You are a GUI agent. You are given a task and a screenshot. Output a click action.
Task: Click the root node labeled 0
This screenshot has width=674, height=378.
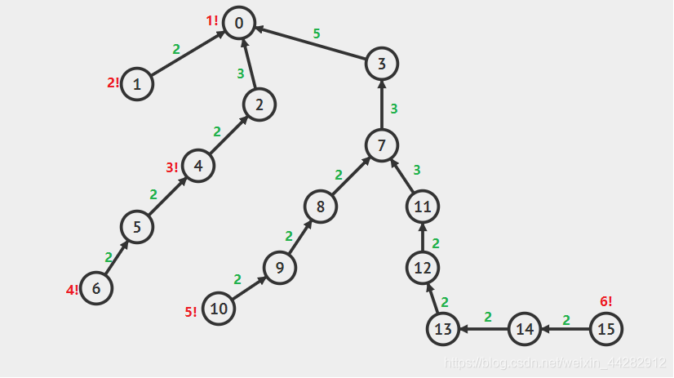[238, 23]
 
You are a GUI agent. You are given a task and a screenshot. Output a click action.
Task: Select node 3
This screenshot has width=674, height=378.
[382, 63]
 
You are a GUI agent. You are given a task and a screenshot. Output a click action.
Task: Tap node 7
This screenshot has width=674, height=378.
[381, 145]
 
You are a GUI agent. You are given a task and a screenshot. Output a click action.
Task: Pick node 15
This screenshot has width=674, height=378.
[605, 329]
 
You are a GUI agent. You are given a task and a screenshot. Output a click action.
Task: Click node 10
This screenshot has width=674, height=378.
[219, 309]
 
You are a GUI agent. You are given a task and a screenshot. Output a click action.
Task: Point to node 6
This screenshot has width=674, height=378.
[96, 288]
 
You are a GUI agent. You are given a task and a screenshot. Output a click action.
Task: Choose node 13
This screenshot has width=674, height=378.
[443, 329]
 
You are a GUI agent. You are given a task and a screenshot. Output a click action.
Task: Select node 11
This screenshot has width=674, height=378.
[422, 207]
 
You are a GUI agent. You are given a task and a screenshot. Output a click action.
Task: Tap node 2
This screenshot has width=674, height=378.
[259, 104]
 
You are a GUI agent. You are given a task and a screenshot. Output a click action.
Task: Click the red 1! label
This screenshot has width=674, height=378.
[211, 20]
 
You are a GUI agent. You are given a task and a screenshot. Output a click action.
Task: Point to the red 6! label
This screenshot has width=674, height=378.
[605, 301]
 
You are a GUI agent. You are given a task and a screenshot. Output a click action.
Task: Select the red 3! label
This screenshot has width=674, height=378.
[171, 167]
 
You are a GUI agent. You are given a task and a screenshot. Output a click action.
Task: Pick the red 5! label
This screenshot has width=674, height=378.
[190, 311]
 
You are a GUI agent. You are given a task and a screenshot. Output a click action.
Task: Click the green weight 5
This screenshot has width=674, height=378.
[317, 33]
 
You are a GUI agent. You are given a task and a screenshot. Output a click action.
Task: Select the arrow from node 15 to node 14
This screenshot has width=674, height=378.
[565, 329]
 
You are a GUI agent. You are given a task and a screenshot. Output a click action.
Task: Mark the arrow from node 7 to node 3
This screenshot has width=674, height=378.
[381, 105]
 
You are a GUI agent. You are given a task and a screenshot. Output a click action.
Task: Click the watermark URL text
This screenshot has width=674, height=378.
[552, 362]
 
